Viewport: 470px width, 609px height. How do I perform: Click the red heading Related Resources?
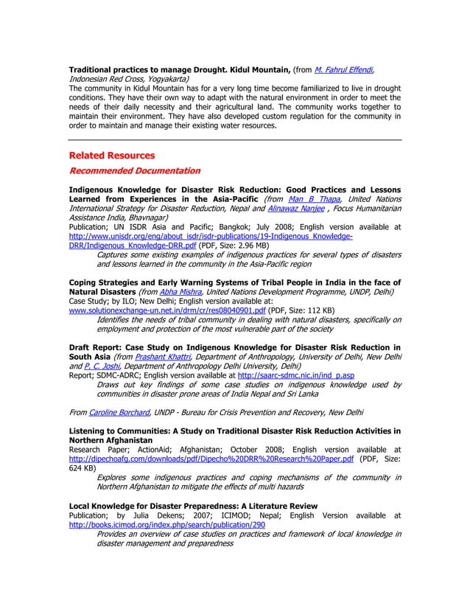pyautogui.click(x=111, y=156)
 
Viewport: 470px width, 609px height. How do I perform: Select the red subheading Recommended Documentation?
pyautogui.click(x=134, y=171)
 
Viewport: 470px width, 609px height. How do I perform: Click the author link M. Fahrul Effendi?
pyautogui.click(x=343, y=69)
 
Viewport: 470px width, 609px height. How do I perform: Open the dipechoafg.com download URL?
pyautogui.click(x=211, y=458)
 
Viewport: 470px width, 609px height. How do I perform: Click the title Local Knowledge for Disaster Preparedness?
pyautogui.click(x=192, y=506)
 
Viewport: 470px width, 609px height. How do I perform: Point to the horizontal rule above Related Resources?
pyautogui.click(x=235, y=139)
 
